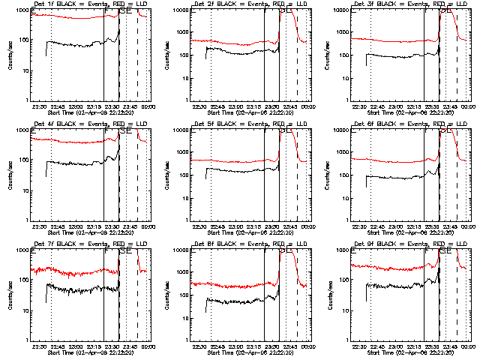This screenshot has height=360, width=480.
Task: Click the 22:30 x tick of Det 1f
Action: pyautogui.click(x=40, y=106)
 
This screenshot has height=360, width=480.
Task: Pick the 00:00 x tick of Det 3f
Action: pyautogui.click(x=469, y=106)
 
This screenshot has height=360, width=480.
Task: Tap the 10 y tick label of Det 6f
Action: pyautogui.click(x=344, y=190)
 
